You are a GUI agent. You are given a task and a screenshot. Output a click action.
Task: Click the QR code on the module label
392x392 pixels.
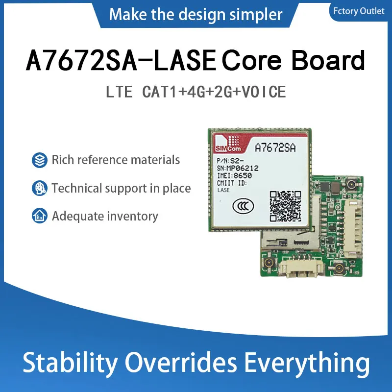(x=285, y=206)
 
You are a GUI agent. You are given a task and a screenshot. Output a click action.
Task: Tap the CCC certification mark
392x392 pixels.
(x=243, y=206)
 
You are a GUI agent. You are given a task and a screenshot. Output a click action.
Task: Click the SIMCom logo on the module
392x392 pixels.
(x=228, y=144)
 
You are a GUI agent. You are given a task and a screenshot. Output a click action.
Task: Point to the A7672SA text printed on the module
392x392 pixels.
(x=275, y=148)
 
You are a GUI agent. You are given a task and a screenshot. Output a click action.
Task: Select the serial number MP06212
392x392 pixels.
(x=242, y=168)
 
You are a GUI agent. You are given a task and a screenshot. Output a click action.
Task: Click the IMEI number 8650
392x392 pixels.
(x=243, y=175)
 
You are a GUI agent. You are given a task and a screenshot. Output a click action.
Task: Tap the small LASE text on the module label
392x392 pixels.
(x=223, y=190)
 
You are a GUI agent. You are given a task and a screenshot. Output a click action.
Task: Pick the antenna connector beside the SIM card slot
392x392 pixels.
(x=269, y=263)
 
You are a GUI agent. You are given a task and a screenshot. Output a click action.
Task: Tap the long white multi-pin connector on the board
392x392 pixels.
(x=352, y=227)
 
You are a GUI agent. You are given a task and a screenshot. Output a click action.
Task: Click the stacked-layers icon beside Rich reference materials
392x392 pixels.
(x=40, y=160)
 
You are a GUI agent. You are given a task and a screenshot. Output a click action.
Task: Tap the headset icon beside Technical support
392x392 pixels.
(x=40, y=188)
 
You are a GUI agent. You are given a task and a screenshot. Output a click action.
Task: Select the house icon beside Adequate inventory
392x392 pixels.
(x=40, y=216)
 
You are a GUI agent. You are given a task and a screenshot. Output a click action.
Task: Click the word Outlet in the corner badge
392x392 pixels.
(x=372, y=11)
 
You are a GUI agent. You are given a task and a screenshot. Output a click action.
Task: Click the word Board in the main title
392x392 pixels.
(x=328, y=60)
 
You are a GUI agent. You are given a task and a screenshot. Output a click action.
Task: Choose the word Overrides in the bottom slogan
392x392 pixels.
(x=180, y=362)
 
